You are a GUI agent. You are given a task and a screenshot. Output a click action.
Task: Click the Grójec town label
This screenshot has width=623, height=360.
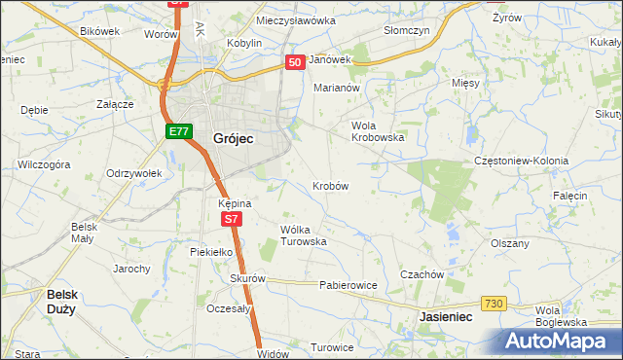pos(233,139)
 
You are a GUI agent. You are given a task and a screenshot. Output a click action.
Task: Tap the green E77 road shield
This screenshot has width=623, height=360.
pos(176,131)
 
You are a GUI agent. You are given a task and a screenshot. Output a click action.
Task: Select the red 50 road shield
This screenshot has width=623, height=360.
pos(296,61)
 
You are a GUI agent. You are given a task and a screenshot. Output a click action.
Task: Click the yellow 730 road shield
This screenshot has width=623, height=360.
pos(494,305)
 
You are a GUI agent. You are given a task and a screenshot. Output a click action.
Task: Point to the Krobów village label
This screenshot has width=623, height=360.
pos(331,185)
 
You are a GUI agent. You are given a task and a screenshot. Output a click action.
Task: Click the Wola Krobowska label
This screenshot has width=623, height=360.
pos(378,131)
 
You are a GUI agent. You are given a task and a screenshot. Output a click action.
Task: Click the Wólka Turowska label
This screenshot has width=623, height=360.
pos(303,235)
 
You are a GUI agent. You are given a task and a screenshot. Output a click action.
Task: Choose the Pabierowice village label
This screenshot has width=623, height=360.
pos(348,286)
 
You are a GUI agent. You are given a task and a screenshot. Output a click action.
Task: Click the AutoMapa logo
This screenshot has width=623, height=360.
pos(561,341)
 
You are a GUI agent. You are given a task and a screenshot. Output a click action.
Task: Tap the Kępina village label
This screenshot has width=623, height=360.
pos(236,203)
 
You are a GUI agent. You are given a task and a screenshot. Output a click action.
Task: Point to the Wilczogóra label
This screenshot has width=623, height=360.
pos(44,164)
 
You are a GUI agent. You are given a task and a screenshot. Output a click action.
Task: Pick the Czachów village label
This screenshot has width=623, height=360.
pos(421,274)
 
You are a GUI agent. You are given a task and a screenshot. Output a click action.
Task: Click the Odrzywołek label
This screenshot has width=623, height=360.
pos(133,173)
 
